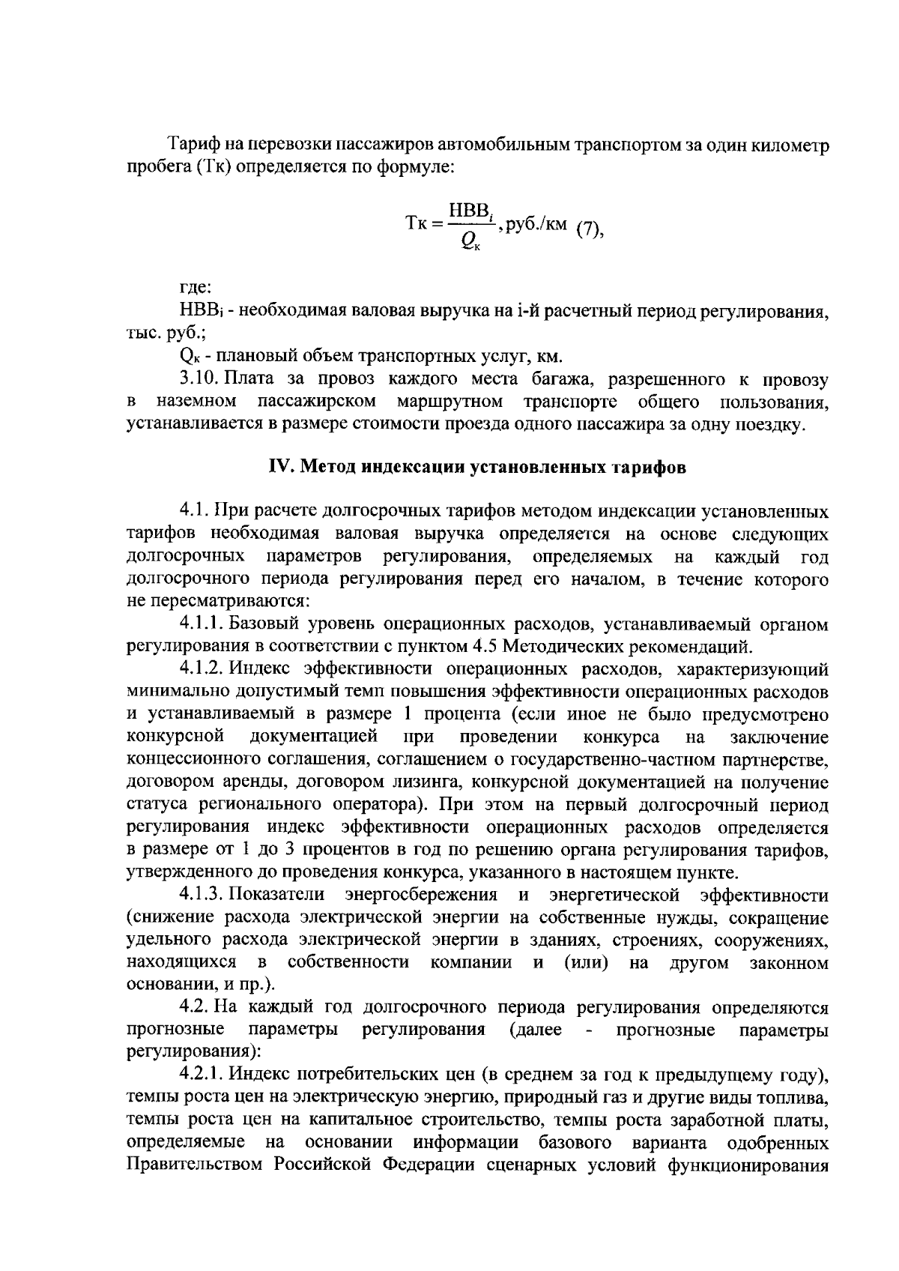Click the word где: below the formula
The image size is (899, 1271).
(x=196, y=287)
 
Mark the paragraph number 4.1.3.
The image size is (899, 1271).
(x=202, y=895)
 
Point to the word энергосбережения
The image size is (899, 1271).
(x=421, y=895)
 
